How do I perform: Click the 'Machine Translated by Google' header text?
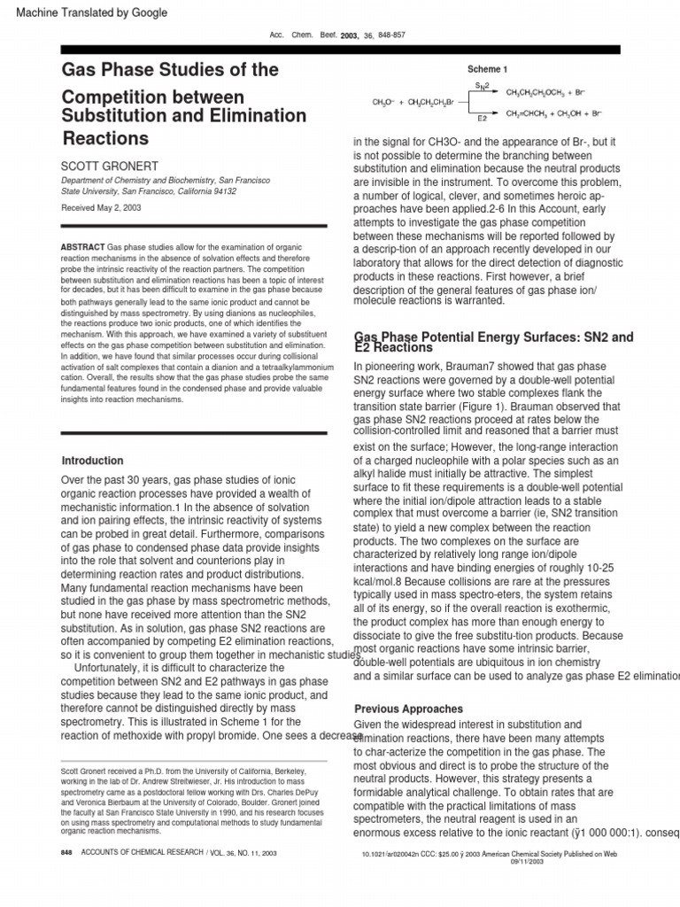86,12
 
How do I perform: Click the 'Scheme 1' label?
487,69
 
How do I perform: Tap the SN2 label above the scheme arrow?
483,85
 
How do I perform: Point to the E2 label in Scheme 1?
483,118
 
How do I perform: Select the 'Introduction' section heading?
92,461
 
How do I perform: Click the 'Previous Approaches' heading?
408,709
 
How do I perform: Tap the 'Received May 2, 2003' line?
101,208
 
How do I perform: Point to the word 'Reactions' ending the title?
105,138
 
